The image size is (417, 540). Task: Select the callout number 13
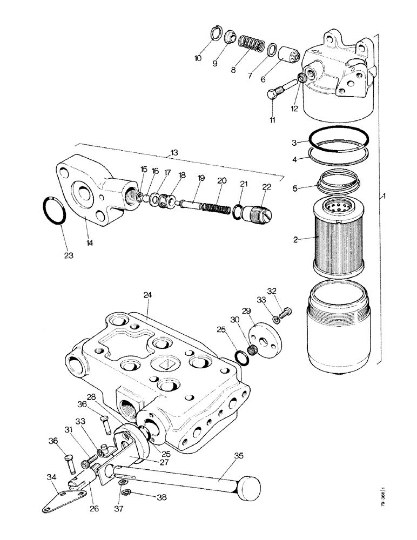(174, 153)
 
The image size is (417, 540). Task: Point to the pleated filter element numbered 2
(339, 235)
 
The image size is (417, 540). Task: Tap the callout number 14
(90, 244)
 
